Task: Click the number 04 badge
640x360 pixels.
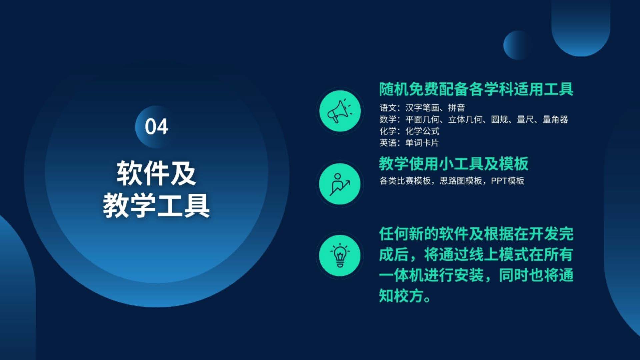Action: [156, 127]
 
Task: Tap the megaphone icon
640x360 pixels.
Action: [340, 111]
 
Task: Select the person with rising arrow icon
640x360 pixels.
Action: [340, 184]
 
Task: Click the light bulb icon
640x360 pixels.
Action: [340, 256]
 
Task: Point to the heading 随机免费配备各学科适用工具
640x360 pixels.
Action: [476, 89]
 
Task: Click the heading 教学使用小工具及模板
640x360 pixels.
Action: [454, 164]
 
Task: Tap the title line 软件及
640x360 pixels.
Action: [156, 173]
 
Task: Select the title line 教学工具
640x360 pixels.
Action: [156, 205]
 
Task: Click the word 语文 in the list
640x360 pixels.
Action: [388, 108]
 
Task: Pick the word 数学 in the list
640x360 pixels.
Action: [388, 119]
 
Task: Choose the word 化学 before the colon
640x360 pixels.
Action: [388, 131]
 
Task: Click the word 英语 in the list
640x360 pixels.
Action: [388, 143]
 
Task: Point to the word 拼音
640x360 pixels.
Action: [456, 108]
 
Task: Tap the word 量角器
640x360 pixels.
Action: [555, 119]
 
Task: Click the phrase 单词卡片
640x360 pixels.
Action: [422, 143]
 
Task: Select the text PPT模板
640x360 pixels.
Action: [508, 181]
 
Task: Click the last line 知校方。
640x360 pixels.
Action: [405, 296]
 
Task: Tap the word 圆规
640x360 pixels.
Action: [499, 119]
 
